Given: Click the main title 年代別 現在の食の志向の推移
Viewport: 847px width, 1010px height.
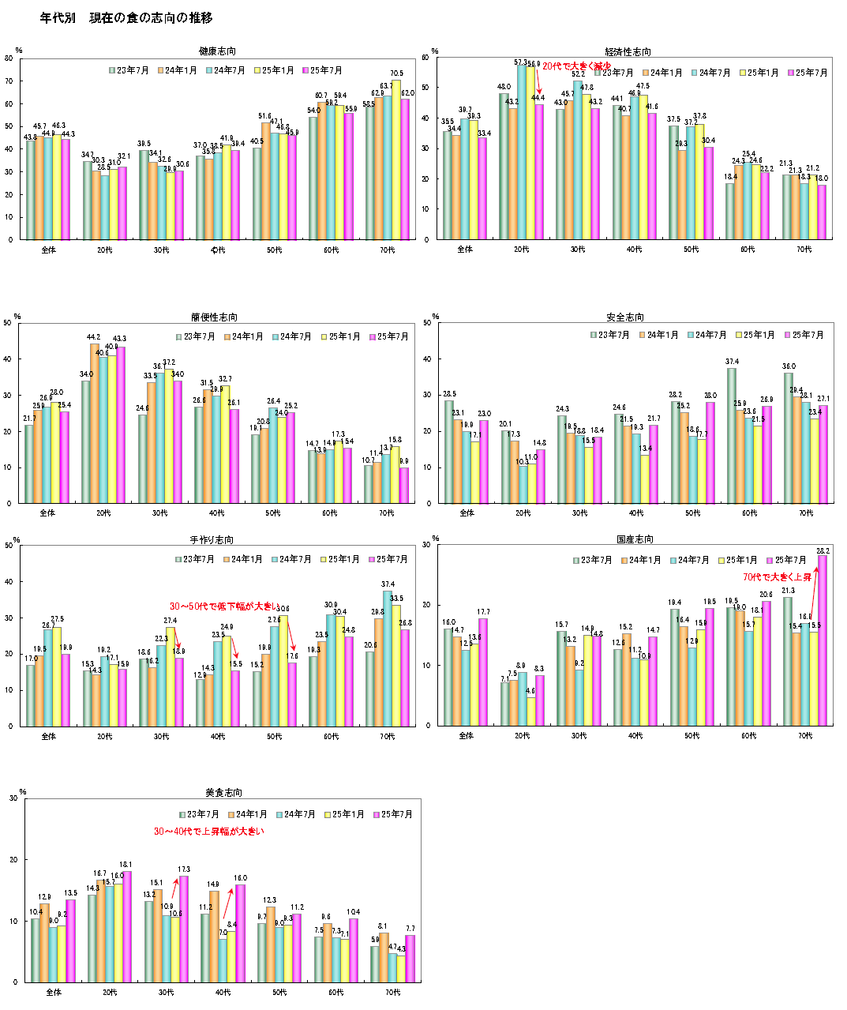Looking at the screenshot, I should (126, 17).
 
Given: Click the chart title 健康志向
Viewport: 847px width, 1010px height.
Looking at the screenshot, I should (218, 51).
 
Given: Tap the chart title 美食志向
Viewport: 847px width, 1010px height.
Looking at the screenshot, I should (223, 792).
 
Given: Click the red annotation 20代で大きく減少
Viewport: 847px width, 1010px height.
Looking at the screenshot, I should (576, 66).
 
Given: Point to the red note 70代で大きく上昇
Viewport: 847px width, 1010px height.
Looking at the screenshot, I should (777, 577).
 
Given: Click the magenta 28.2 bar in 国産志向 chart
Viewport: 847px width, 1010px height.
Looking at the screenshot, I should (823, 640).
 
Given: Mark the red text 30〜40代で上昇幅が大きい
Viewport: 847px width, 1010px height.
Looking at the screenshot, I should (208, 832).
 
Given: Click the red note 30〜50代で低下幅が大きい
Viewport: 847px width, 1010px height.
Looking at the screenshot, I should (224, 607).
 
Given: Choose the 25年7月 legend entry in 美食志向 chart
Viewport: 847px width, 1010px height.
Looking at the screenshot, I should (392, 814).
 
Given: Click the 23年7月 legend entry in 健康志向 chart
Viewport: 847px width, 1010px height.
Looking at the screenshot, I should (129, 70).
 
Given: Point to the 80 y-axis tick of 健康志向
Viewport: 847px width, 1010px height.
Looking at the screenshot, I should (9, 58).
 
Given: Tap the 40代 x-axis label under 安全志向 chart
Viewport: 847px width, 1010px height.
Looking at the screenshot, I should (636, 513).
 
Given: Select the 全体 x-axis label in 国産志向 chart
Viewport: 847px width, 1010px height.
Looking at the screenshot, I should (467, 736).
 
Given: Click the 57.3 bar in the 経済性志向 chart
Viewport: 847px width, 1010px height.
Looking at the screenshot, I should (522, 152).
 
